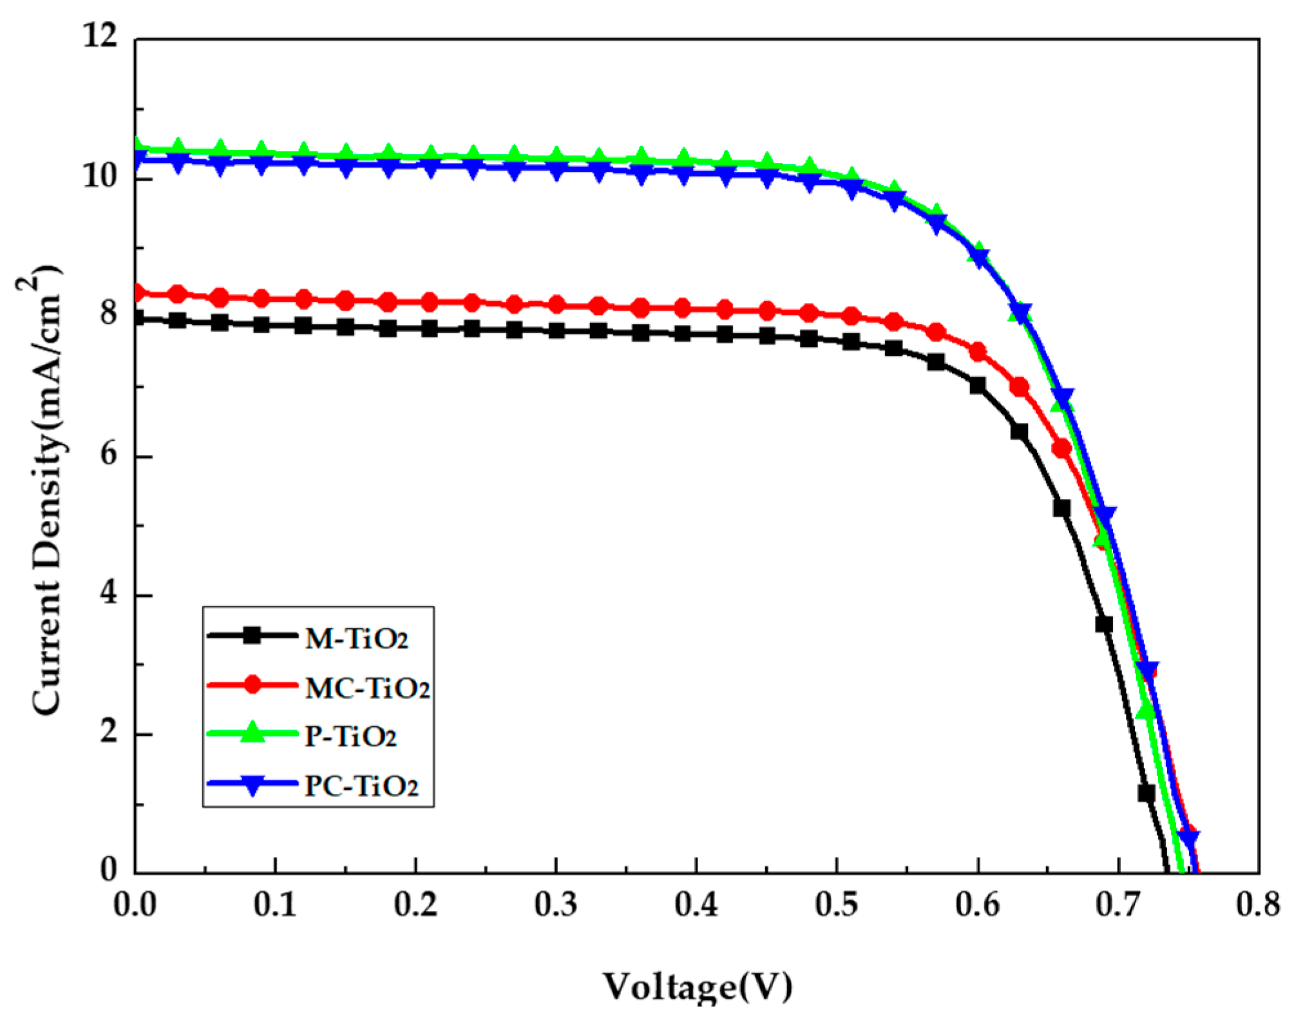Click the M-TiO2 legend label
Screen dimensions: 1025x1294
tap(356, 639)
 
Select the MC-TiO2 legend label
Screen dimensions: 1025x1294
tap(367, 688)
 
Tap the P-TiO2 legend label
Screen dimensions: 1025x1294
tap(350, 736)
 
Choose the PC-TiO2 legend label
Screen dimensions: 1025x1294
tap(361, 785)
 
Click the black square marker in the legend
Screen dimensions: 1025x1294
tap(253, 635)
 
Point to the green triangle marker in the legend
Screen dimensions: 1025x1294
tap(253, 733)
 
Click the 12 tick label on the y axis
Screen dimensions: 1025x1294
tap(101, 35)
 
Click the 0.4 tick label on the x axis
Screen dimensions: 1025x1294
tap(696, 905)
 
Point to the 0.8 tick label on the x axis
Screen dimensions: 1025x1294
tap(1257, 905)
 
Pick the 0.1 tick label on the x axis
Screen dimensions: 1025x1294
tap(275, 905)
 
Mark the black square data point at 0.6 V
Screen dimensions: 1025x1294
tap(977, 386)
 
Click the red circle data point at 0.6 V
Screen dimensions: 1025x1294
tap(977, 352)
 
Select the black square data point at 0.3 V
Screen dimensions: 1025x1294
tap(557, 331)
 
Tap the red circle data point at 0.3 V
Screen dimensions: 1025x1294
tap(557, 305)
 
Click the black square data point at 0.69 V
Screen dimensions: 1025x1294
tap(1104, 624)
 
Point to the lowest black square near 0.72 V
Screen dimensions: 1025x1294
tap(1146, 793)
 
